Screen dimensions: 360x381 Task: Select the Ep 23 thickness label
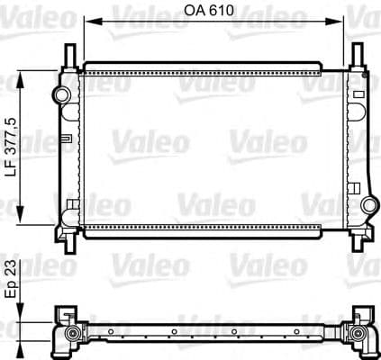(x=12, y=281)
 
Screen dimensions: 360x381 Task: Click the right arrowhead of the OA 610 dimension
(x=343, y=22)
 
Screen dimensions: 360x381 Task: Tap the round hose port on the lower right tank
(x=368, y=206)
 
